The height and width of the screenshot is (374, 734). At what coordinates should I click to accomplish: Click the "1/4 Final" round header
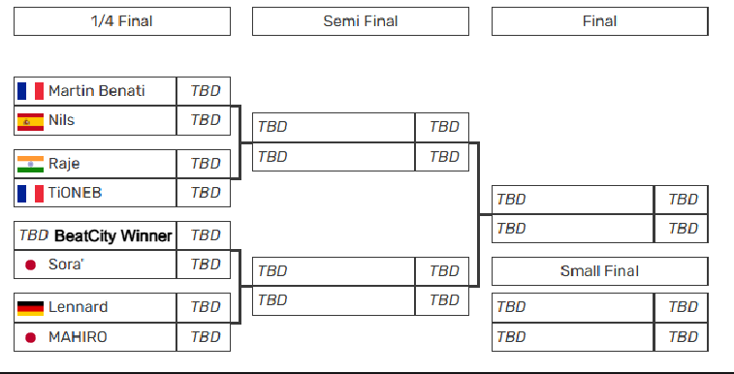click(121, 21)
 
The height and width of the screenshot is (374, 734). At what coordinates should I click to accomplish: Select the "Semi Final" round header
click(361, 21)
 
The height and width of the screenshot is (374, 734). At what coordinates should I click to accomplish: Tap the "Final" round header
click(599, 21)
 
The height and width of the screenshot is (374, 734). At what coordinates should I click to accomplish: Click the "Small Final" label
click(599, 271)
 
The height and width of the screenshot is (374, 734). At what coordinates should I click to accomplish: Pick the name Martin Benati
click(97, 91)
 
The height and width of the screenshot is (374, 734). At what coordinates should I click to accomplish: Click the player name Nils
click(61, 120)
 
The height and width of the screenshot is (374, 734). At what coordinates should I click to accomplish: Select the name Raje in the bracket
click(64, 164)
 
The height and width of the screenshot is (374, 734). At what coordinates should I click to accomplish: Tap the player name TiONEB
click(75, 193)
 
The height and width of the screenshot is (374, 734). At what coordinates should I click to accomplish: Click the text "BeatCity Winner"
click(112, 235)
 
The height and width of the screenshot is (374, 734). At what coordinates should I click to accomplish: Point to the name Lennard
click(78, 308)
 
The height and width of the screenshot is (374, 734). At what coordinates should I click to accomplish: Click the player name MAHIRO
click(78, 337)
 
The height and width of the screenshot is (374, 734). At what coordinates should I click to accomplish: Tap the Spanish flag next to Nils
click(31, 121)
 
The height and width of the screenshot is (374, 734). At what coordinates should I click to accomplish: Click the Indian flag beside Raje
click(31, 164)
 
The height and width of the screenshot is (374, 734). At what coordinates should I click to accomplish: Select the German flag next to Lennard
click(31, 308)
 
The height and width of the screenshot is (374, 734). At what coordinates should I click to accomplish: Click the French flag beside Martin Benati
click(31, 91)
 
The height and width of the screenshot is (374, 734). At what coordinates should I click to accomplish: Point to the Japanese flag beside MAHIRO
click(31, 337)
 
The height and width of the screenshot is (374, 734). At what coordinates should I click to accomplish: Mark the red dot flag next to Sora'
click(31, 265)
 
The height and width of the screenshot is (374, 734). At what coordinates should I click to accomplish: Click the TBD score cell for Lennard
click(205, 308)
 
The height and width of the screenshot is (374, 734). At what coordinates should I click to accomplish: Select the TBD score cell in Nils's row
click(205, 120)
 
